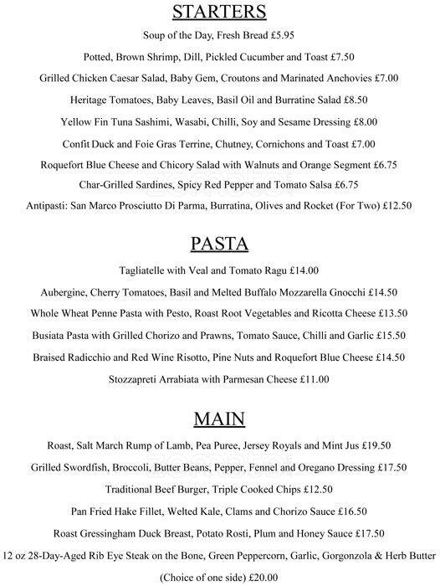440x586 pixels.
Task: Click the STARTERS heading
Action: click(x=219, y=12)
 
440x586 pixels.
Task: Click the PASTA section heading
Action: click(x=219, y=244)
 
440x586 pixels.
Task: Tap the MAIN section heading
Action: click(x=219, y=417)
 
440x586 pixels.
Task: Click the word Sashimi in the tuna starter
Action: click(x=159, y=121)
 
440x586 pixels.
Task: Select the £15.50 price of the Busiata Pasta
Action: click(x=389, y=335)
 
